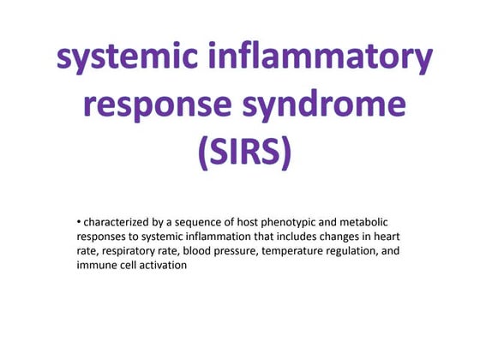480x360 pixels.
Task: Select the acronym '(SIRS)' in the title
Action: click(244, 154)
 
